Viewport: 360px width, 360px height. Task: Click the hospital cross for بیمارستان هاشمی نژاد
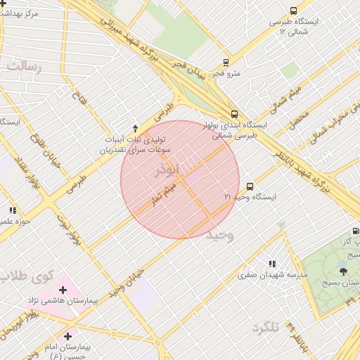pyautogui.click(x=64, y=290)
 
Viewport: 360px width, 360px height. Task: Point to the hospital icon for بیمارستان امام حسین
pyautogui.click(x=67, y=335)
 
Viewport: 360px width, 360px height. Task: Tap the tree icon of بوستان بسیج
pyautogui.click(x=343, y=269)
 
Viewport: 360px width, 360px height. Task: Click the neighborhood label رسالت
pyautogui.click(x=25, y=67)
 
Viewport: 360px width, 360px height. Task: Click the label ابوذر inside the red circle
pyautogui.click(x=169, y=169)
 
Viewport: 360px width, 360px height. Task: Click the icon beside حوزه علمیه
pyautogui.click(x=13, y=210)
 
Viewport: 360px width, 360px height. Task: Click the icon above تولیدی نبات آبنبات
pyautogui.click(x=135, y=127)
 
